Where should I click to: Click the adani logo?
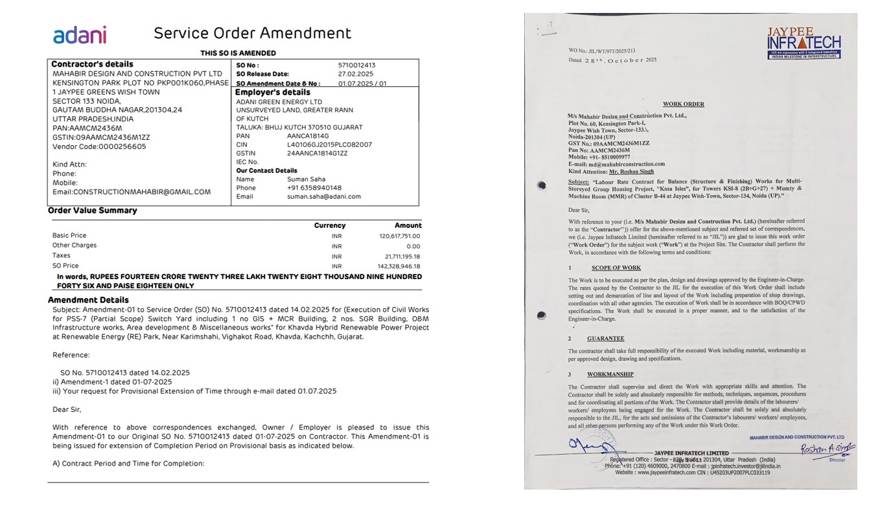click(80, 35)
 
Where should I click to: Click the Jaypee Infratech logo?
click(803, 43)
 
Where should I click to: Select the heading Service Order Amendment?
click(252, 33)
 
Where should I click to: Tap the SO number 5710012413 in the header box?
click(356, 65)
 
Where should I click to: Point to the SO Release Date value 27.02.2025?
click(355, 74)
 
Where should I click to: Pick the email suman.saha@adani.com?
click(324, 197)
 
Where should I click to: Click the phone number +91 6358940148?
click(314, 188)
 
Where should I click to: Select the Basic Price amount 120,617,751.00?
click(399, 236)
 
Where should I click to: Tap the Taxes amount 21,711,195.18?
click(402, 256)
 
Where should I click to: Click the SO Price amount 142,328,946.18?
click(399, 266)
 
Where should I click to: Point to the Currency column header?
click(330, 225)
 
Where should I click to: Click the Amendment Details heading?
click(88, 300)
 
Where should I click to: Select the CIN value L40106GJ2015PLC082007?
click(329, 144)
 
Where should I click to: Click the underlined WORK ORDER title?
click(683, 104)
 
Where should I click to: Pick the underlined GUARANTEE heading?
click(605, 339)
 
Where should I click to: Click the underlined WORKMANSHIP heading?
click(610, 374)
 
